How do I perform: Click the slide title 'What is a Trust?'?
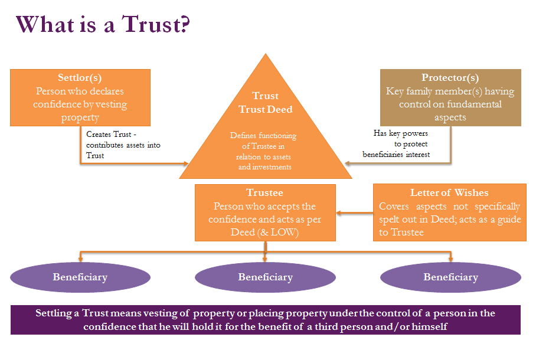point(103,25)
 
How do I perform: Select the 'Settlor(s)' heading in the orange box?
point(80,78)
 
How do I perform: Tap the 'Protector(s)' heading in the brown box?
point(450,78)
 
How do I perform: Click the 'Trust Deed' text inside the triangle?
point(265,109)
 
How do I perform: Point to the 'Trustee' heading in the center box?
point(264,193)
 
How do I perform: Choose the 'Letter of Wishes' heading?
point(449,193)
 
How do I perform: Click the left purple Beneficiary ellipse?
point(80,277)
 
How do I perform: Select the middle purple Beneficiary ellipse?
point(265,277)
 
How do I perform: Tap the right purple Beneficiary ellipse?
point(450,277)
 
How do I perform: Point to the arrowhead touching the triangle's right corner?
point(348,159)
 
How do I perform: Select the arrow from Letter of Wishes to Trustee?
point(354,212)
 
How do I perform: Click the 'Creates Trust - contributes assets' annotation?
point(123,145)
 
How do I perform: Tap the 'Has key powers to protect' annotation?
point(401,144)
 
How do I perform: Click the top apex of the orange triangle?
point(266,55)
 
